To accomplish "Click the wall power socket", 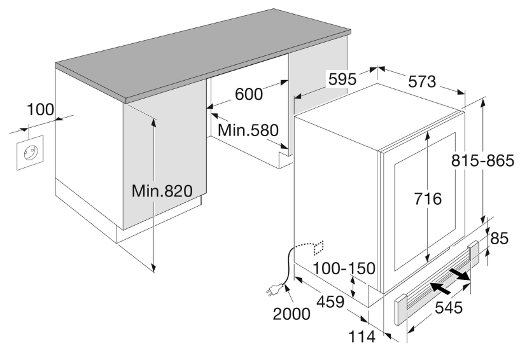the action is tap(31, 153).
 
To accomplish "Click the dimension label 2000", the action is tap(292, 314).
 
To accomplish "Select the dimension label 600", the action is tap(248, 94).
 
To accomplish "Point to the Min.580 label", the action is tap(248, 130).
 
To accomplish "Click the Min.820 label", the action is tap(162, 191).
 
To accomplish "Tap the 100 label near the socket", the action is tap(40, 109).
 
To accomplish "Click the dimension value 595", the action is tap(342, 80).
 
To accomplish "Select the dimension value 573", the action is tap(422, 81).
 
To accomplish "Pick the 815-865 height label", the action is tap(482, 160).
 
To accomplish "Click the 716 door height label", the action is tap(428, 198).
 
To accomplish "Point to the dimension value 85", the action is tap(500, 239).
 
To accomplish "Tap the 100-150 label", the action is tap(344, 268).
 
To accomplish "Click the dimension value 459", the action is tap(330, 301).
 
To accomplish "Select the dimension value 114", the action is tap(362, 336).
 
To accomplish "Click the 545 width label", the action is tap(449, 307).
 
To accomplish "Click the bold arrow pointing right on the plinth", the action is tap(459, 273).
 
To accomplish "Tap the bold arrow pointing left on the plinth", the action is tap(440, 288).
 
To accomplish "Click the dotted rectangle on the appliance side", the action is tap(318, 248).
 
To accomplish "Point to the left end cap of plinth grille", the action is tap(400, 310).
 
